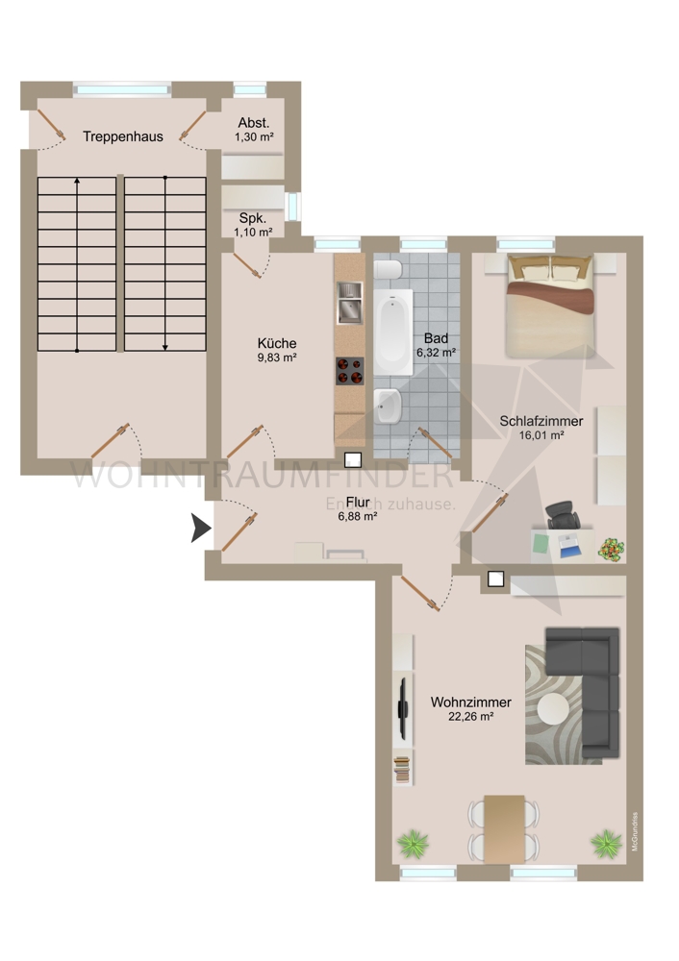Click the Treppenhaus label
point(122,136)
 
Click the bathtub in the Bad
point(393,333)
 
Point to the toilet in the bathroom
point(388,271)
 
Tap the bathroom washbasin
point(389,407)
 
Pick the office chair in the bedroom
point(562,517)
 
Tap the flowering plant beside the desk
point(610,550)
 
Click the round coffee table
point(553,709)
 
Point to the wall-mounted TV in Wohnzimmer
point(402,707)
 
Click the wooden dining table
point(504,827)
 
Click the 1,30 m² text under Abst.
point(254,138)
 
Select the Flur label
point(357,501)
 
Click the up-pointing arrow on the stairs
point(78,183)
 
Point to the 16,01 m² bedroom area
point(541,435)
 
